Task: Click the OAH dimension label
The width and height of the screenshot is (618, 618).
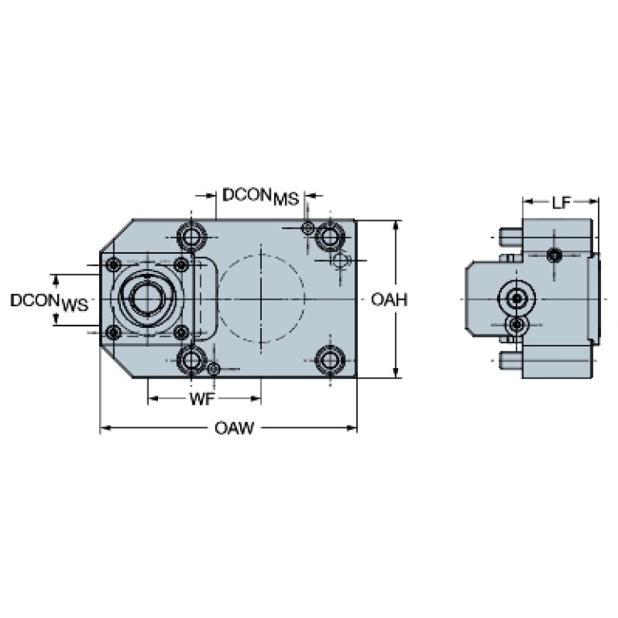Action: [x=388, y=301]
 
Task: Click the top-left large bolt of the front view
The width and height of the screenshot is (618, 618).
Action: [x=191, y=237]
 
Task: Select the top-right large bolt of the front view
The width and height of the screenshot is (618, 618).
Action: [x=329, y=235]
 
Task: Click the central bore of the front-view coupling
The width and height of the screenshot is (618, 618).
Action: [x=147, y=299]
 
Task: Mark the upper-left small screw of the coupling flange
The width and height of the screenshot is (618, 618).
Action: [x=114, y=264]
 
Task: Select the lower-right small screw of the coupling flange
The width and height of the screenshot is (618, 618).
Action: [x=181, y=333]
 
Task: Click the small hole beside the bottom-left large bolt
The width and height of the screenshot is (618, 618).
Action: [x=214, y=370]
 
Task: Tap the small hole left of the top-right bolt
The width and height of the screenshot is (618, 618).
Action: [x=307, y=230]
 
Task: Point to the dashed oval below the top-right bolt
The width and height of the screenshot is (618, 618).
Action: [x=340, y=259]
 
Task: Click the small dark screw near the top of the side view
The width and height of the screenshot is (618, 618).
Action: [x=554, y=256]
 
